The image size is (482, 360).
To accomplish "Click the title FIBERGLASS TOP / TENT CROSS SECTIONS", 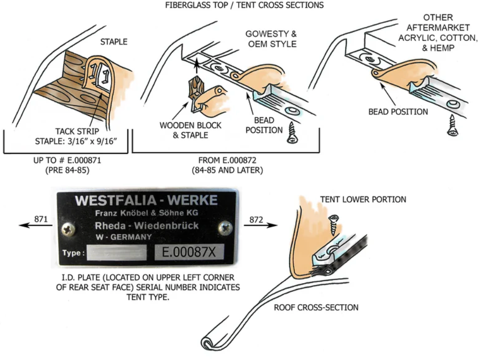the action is pyautogui.click(x=244, y=5).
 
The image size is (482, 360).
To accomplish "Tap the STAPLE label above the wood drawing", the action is pyautogui.click(x=114, y=42).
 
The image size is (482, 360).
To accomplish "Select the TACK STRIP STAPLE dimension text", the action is pyautogui.click(x=76, y=136).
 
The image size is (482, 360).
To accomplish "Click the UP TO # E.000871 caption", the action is pyautogui.click(x=67, y=165).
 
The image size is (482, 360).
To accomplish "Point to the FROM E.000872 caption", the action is pyautogui.click(x=227, y=165).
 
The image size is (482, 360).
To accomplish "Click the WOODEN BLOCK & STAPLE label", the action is pyautogui.click(x=190, y=130).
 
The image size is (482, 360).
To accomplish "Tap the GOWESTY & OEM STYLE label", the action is pyautogui.click(x=272, y=39).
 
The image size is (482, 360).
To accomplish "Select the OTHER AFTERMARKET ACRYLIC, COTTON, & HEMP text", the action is pyautogui.click(x=438, y=33).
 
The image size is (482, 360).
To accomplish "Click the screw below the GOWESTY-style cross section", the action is pyautogui.click(x=292, y=133).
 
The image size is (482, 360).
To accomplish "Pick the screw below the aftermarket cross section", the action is pyautogui.click(x=452, y=125).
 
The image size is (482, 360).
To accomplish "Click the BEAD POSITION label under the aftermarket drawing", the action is pyautogui.click(x=398, y=111).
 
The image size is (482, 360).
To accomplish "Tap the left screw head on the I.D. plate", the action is pyautogui.click(x=69, y=229).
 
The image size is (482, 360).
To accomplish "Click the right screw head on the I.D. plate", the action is pyautogui.click(x=225, y=228).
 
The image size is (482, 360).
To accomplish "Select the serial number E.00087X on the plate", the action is pyautogui.click(x=189, y=252).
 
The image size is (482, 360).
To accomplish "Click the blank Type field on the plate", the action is pyautogui.click(x=117, y=252).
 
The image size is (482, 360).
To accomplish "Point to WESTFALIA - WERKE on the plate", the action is pyautogui.click(x=146, y=200).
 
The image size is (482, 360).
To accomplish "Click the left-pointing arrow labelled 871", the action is pyautogui.click(x=35, y=225).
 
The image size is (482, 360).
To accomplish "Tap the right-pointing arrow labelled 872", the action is pyautogui.click(x=261, y=225).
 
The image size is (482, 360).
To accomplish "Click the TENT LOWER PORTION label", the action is pyautogui.click(x=363, y=199).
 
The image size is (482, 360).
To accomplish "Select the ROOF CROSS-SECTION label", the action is pyautogui.click(x=316, y=307).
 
